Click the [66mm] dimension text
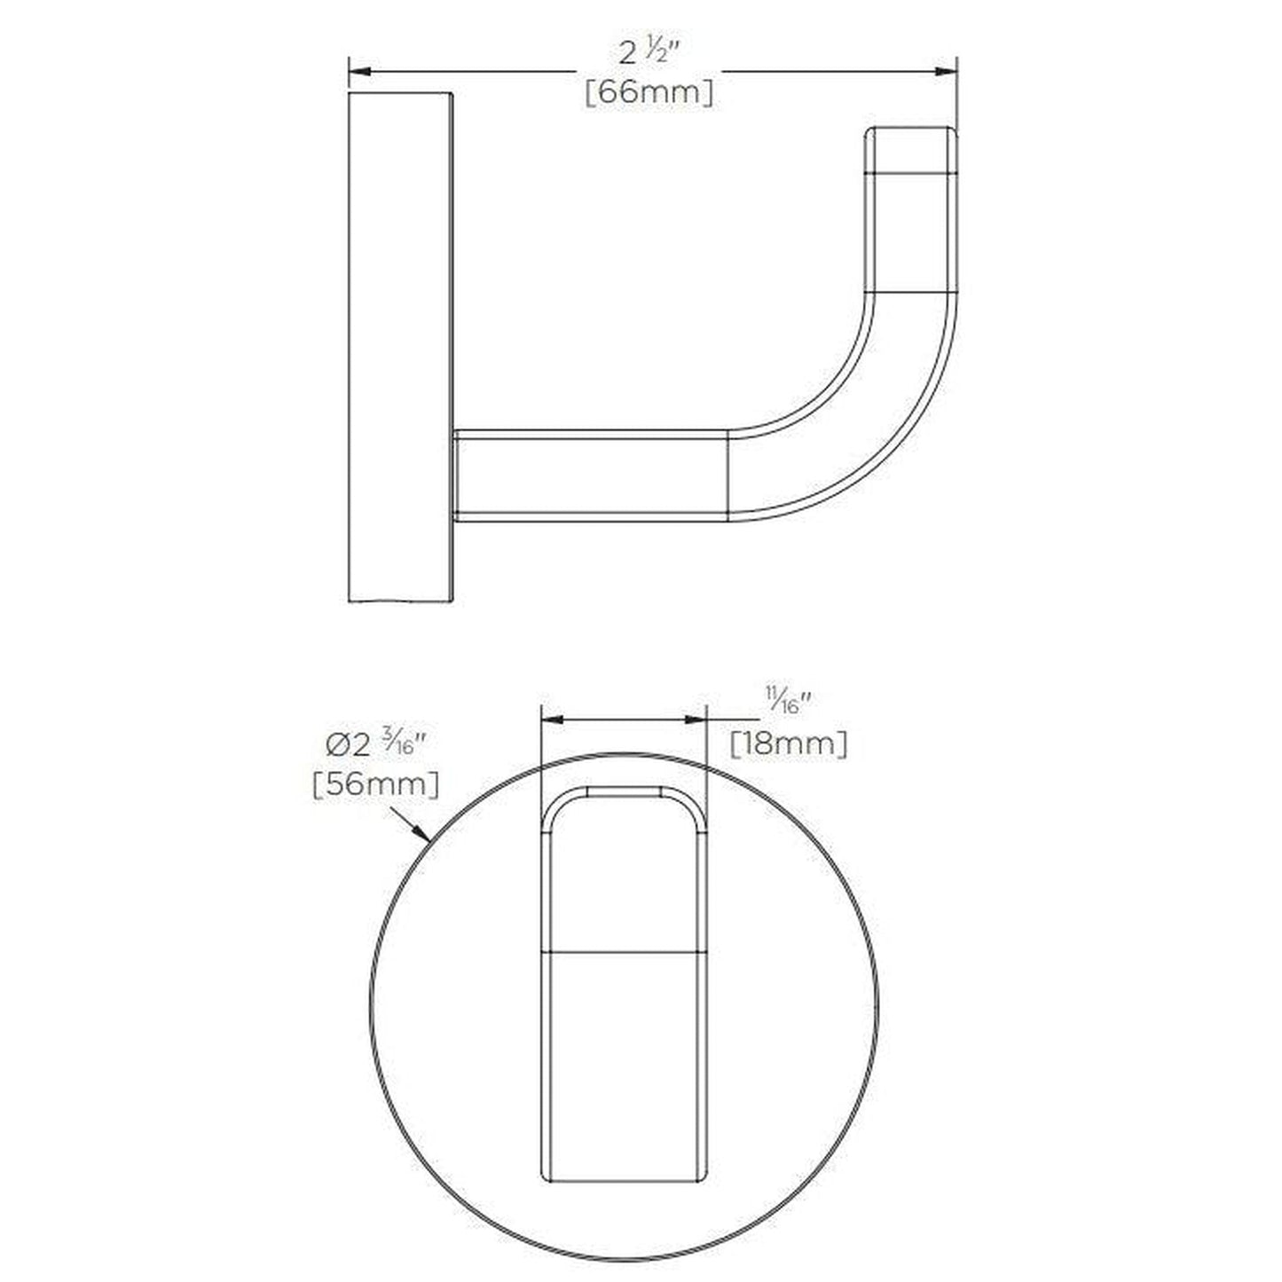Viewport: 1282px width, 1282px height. (x=649, y=92)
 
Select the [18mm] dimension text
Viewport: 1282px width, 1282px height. (x=788, y=743)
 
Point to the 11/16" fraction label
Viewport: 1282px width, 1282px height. (x=788, y=705)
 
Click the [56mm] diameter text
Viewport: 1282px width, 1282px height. (x=375, y=784)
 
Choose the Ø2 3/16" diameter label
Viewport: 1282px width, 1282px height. (x=376, y=745)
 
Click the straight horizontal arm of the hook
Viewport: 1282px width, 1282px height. (x=590, y=476)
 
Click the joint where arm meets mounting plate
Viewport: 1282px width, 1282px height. (x=456, y=476)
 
